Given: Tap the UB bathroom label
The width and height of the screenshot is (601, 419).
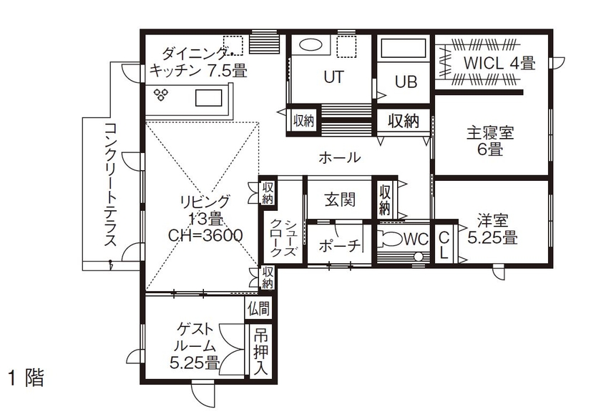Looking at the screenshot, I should (x=406, y=82).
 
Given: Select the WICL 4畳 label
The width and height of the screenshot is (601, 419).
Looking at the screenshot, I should (x=499, y=63).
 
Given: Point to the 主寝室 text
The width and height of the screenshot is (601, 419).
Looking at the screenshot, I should (x=490, y=133).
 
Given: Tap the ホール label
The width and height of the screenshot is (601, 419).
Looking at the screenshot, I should (x=338, y=157).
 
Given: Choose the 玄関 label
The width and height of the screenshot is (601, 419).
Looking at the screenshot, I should (x=340, y=199).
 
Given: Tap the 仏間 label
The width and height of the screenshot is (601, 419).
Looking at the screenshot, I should (x=258, y=309).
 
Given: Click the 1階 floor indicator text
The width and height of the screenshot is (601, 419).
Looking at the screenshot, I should (x=26, y=378).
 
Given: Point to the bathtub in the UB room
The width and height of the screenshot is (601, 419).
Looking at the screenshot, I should (x=404, y=49).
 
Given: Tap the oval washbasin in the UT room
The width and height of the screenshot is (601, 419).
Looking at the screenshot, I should (x=311, y=44).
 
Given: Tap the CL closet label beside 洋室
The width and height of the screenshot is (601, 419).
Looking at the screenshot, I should (x=444, y=244).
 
